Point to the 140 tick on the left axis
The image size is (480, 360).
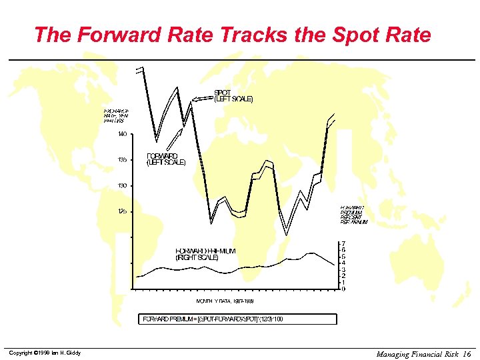click(122, 134)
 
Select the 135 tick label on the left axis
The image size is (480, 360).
click(122, 160)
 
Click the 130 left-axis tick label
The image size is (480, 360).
click(122, 185)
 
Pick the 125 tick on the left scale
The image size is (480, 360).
click(122, 211)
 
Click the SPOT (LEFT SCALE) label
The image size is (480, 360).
click(233, 95)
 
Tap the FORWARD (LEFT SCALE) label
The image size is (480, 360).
click(166, 159)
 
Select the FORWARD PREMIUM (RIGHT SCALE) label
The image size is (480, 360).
click(206, 254)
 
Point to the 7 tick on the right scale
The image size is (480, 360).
click(343, 244)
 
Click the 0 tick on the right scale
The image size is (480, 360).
click(343, 289)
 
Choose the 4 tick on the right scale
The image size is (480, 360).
click(343, 263)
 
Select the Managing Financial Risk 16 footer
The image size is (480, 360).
click(423, 354)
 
